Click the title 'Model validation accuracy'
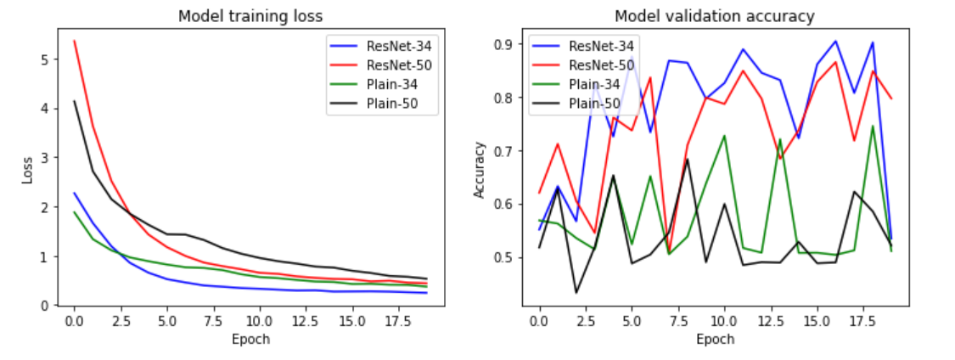coord(715,15)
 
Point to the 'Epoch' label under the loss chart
coord(252,339)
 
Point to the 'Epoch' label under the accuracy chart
coord(714,339)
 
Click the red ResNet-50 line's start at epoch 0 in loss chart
coord(75,41)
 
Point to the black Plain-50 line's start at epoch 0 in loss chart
coord(75,101)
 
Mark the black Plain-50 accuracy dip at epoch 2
coord(576,293)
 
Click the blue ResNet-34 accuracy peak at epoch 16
coord(835,41)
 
